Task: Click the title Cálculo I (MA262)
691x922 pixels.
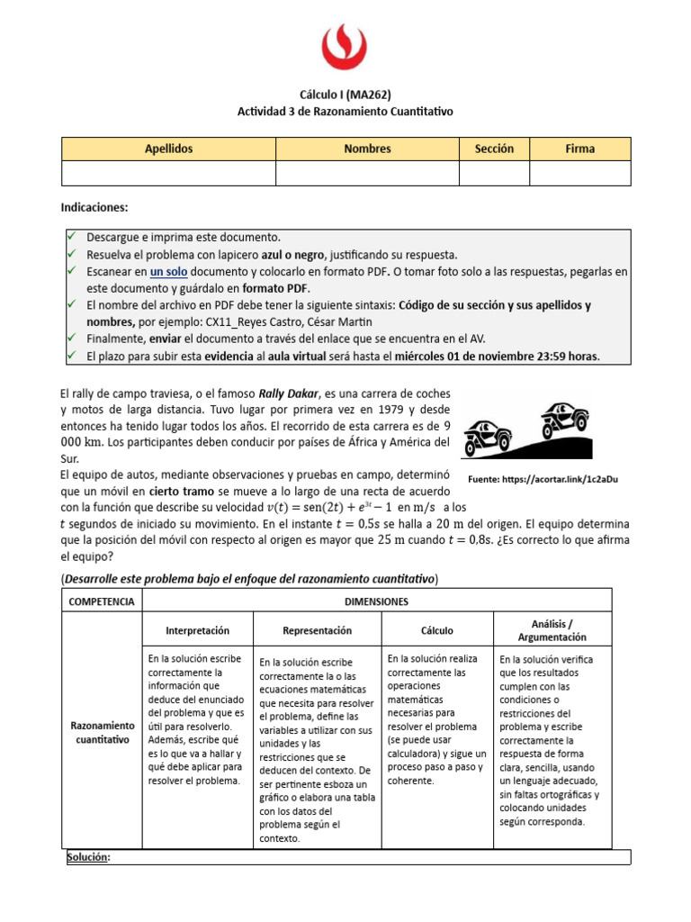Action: coord(345,95)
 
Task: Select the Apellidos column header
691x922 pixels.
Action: coord(168,149)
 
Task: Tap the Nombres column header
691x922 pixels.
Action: coord(367,149)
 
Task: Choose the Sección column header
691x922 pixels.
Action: coord(494,149)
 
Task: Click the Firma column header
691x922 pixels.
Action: coord(579,149)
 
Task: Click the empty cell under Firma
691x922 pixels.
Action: coord(579,173)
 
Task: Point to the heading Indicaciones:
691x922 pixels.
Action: coord(94,208)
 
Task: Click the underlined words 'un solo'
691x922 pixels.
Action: coord(168,271)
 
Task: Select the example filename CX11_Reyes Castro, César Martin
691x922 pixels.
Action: coord(285,321)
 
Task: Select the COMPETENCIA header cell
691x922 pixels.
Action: coord(101,601)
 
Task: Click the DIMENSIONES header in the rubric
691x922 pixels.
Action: coord(376,601)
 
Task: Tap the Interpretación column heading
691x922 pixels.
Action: coord(198,631)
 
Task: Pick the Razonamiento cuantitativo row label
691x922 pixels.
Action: coord(101,732)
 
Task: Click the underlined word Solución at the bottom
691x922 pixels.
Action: coord(88,857)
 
